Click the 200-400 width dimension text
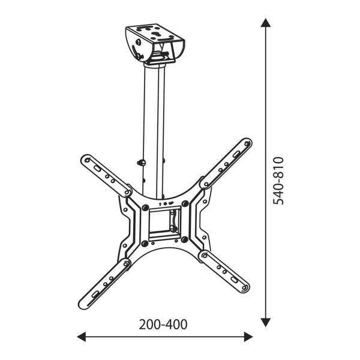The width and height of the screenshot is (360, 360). [163, 325]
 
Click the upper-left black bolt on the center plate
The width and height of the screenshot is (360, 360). [145, 205]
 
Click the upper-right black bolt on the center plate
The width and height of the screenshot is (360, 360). [187, 205]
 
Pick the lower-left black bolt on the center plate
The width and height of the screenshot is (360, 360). [145, 243]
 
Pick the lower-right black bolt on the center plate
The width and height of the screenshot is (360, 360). [187, 243]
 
